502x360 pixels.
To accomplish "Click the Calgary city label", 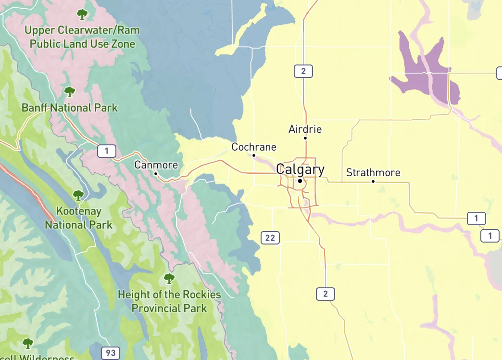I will click(x=300, y=169).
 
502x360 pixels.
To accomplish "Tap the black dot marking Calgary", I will click(x=300, y=181).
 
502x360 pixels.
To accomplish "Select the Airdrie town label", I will click(x=305, y=129).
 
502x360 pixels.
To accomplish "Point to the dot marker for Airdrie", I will click(x=305, y=138).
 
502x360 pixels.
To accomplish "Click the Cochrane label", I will click(x=254, y=147).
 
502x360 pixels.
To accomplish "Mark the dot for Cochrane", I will click(x=254, y=155).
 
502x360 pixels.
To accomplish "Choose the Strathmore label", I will click(x=373, y=173).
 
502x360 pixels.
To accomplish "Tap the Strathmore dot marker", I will click(x=373, y=181).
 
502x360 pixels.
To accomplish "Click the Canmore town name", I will click(x=156, y=165).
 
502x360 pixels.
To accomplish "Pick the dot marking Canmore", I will click(x=156, y=173).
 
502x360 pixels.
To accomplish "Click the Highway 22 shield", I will click(x=270, y=237).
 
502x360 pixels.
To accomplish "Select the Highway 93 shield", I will click(x=111, y=353).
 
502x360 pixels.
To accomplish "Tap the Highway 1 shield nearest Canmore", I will click(x=107, y=151).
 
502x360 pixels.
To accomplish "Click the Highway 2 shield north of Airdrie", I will click(x=303, y=72).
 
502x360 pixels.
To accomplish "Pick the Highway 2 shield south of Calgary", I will click(x=326, y=294).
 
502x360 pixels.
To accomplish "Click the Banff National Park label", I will click(x=70, y=107).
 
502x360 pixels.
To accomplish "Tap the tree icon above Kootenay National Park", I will click(x=78, y=195).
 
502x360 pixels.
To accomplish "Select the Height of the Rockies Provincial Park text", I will click(x=169, y=301).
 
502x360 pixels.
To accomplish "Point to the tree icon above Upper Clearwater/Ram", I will click(x=82, y=14).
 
